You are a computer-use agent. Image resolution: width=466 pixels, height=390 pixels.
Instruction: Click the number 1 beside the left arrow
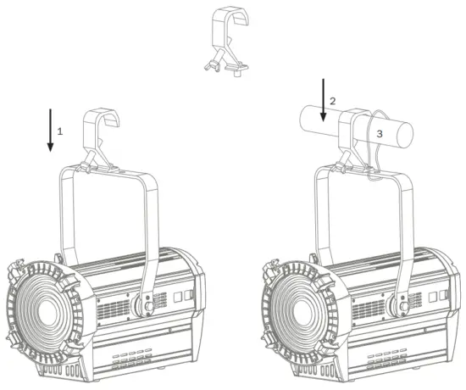coord(60,131)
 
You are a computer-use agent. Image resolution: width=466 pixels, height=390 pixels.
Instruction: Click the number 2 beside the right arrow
coord(333,101)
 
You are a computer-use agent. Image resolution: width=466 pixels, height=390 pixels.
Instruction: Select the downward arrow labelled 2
coord(323,100)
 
